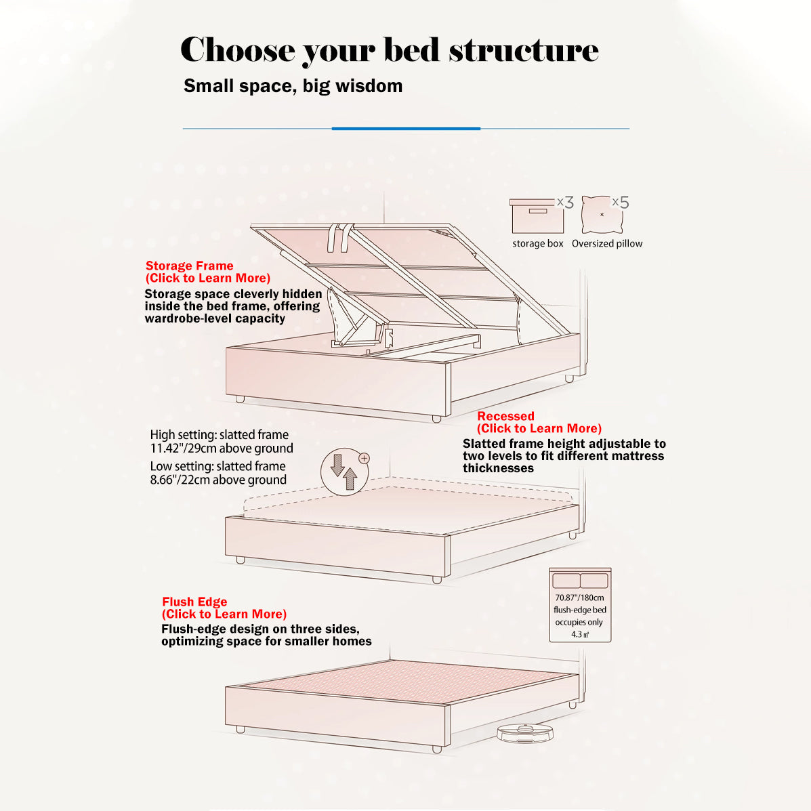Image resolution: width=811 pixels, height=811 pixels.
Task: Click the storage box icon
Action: pos(537,215)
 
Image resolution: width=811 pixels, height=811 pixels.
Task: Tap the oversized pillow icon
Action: pos(602,215)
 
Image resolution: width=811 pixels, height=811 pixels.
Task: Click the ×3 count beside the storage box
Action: pos(565,202)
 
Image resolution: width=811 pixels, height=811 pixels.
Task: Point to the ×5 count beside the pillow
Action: pos(621,202)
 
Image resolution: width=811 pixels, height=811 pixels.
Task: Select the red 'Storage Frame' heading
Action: pos(189,266)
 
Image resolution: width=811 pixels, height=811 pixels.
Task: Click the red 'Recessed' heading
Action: pos(505,416)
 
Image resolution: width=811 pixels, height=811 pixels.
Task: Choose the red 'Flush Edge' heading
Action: pos(194,602)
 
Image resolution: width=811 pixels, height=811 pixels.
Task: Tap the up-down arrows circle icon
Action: pos(345,471)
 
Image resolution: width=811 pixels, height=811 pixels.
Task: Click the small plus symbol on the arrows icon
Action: pos(364,458)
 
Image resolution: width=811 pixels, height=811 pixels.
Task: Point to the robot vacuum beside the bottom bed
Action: pos(525,732)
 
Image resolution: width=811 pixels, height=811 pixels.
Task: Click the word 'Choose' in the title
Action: pos(237,50)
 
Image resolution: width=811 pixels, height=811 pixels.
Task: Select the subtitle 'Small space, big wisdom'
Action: pos(293,86)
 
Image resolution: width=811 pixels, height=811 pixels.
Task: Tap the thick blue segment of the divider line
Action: pos(406,128)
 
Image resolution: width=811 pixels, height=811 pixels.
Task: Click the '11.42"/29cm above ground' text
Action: pos(222,448)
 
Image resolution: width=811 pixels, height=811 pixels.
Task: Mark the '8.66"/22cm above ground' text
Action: pos(218,480)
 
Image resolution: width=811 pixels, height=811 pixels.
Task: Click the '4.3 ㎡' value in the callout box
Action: pos(580,634)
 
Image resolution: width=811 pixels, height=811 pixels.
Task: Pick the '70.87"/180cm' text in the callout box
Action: pos(580,598)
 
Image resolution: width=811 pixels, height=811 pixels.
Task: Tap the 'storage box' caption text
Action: pos(538,244)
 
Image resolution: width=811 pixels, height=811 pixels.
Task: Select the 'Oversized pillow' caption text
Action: pos(607,244)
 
